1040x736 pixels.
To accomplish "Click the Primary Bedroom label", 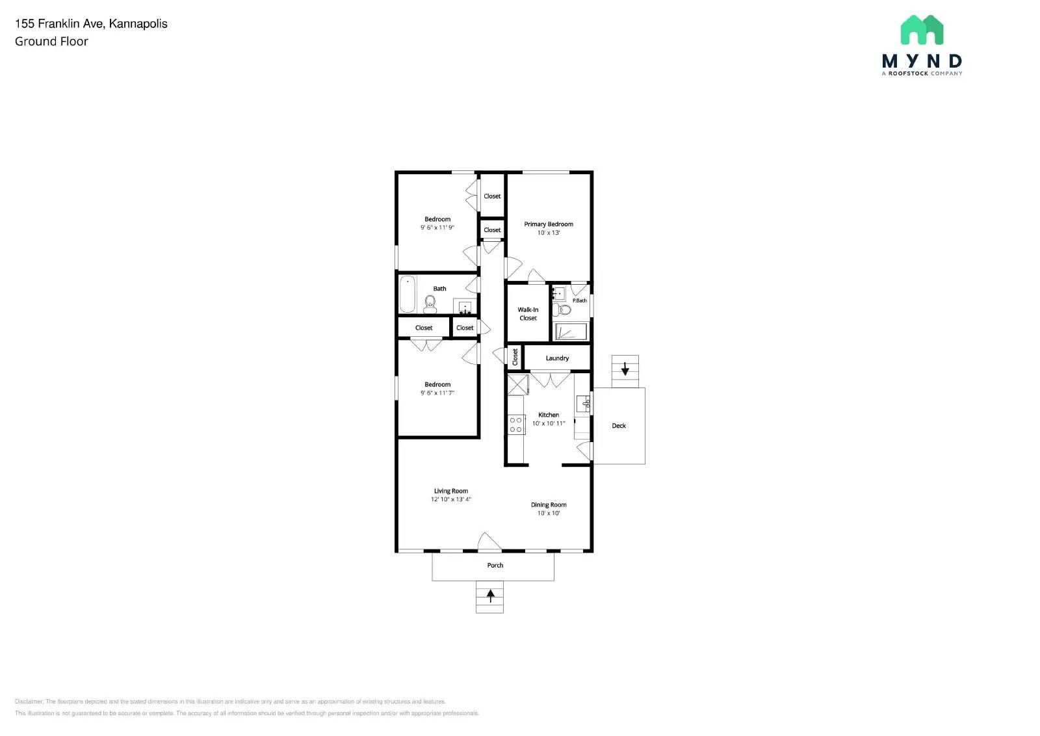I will click(549, 224).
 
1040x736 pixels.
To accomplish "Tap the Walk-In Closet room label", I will click(528, 314).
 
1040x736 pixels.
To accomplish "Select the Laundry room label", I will click(557, 358).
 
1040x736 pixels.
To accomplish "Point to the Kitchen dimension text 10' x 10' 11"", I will click(549, 423).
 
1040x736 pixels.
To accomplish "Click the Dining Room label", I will click(549, 505).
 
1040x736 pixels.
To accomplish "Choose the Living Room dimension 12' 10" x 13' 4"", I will click(450, 499).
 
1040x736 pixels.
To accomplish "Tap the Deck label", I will click(619, 426).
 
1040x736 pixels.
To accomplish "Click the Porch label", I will click(495, 565).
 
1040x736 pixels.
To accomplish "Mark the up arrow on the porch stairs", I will click(490, 594).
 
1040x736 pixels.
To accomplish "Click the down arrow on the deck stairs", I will click(625, 369).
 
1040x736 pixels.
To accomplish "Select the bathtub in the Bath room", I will click(408, 295).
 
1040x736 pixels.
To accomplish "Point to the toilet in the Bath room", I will click(430, 304).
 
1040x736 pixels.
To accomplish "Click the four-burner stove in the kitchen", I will click(516, 425).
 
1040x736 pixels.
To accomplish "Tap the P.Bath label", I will click(579, 300).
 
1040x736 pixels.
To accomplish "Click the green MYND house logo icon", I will click(922, 30).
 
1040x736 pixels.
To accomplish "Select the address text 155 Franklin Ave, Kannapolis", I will click(91, 24).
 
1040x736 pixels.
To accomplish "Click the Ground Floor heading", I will click(51, 42).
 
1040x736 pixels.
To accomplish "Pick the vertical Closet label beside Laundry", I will click(515, 356).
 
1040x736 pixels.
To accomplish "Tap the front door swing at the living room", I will click(489, 542).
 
